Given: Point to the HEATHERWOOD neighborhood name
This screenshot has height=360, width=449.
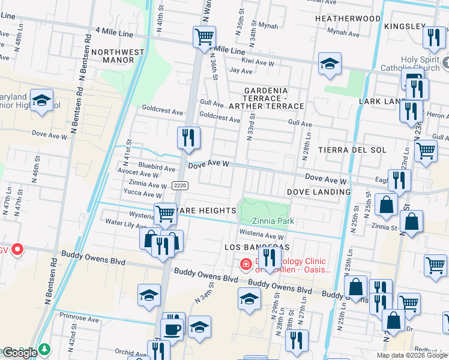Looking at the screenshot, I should click(348, 19).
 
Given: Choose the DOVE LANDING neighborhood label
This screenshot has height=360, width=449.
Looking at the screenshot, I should click(318, 192).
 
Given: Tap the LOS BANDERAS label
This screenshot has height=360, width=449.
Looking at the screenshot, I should click(257, 247).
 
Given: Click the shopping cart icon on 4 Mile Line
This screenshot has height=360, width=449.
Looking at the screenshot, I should click(204, 37).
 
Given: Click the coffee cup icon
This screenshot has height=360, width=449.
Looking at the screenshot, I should click(173, 328).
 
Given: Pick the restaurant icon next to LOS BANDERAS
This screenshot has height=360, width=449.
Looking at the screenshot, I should click(270, 258).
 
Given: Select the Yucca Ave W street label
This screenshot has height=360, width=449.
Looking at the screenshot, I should click(142, 194).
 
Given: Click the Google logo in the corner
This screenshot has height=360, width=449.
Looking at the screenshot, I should click(19, 352).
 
